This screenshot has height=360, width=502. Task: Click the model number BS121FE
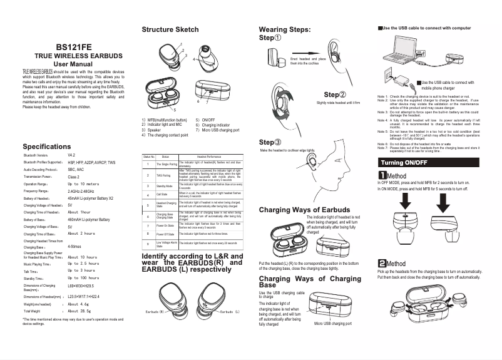click(x=73, y=46)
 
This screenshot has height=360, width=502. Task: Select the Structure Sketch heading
click(x=170, y=29)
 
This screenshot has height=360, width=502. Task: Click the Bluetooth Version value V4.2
click(x=71, y=155)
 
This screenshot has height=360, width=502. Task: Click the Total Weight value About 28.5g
click(x=79, y=311)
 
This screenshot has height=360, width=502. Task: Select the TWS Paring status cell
click(x=165, y=175)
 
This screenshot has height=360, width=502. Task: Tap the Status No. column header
click(x=149, y=156)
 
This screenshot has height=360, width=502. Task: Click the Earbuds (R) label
click(x=155, y=311)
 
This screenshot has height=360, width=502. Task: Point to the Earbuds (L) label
click(x=230, y=311)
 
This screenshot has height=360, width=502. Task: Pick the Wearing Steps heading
click(x=284, y=29)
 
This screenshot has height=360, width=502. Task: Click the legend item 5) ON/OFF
click(x=205, y=120)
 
